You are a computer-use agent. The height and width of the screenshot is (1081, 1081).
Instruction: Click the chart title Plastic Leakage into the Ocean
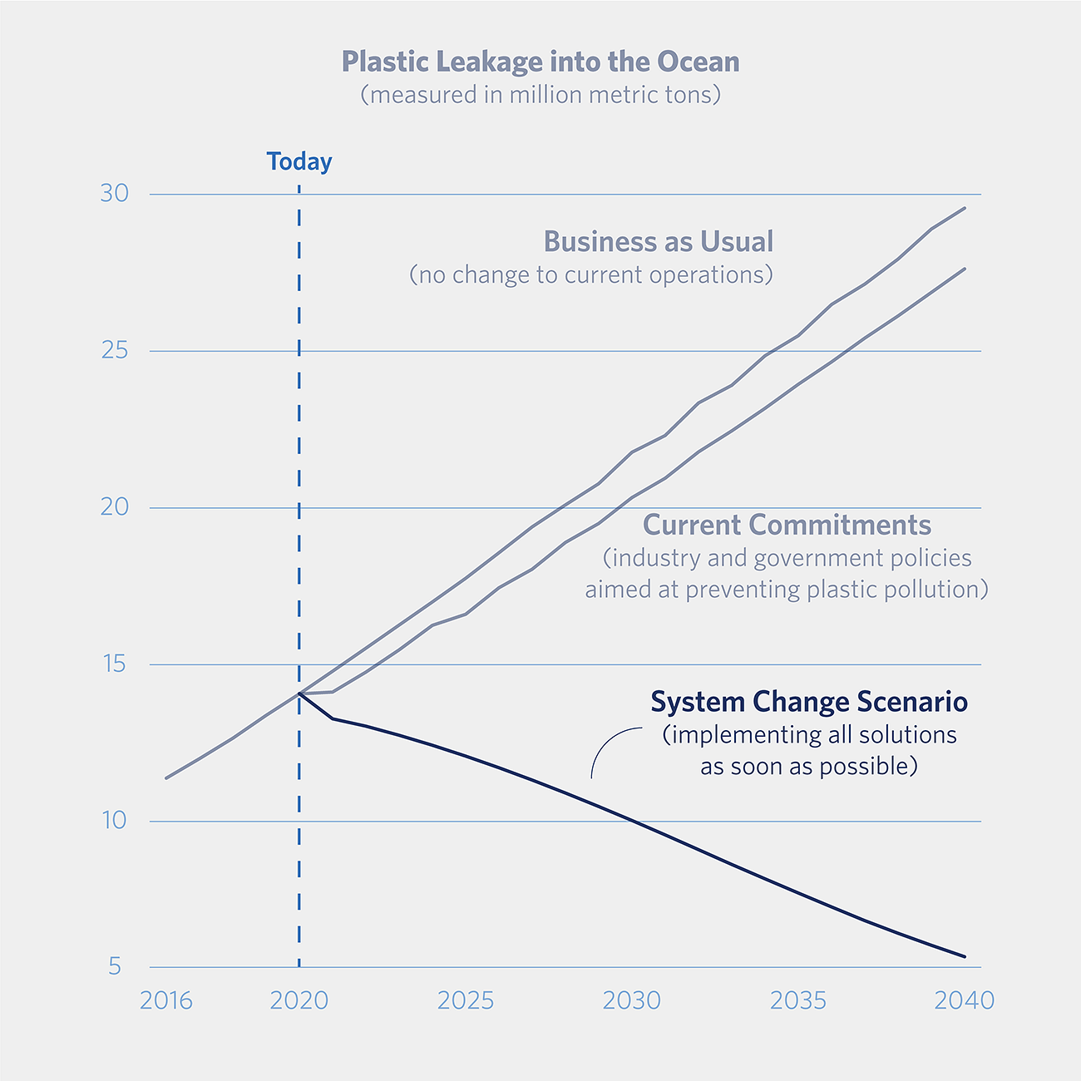pyautogui.click(x=540, y=62)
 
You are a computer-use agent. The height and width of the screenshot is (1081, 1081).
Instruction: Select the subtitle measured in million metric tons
pyautogui.click(x=540, y=95)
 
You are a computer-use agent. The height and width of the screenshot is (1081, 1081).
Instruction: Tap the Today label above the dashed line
pyautogui.click(x=299, y=161)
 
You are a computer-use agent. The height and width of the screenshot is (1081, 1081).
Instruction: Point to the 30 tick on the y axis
pyautogui.click(x=115, y=194)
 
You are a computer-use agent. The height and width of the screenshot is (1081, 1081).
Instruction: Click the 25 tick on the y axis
pyautogui.click(x=115, y=351)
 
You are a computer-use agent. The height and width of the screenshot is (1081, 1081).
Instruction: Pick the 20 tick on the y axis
pyautogui.click(x=115, y=507)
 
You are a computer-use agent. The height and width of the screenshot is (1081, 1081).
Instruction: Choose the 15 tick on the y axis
pyautogui.click(x=115, y=664)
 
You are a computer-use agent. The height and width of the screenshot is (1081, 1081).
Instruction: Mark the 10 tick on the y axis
pyautogui.click(x=115, y=821)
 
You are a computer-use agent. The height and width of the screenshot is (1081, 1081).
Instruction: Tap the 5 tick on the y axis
pyautogui.click(x=115, y=966)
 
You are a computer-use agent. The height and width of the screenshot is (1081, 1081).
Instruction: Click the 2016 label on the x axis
pyautogui.click(x=166, y=1000)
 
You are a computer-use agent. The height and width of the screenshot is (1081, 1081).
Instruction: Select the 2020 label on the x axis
pyautogui.click(x=299, y=1000)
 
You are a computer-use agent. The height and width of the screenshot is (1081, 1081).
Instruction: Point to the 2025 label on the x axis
pyautogui.click(x=466, y=1000)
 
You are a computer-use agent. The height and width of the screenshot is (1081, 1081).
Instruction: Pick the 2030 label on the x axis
pyautogui.click(x=632, y=1000)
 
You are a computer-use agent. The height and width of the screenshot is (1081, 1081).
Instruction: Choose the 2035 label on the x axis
pyautogui.click(x=798, y=1000)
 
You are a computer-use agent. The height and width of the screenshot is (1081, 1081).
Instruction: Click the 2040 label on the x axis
pyautogui.click(x=965, y=1000)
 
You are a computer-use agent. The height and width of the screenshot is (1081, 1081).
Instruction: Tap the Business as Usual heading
pyautogui.click(x=659, y=242)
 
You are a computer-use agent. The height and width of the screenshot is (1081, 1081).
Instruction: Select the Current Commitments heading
pyautogui.click(x=787, y=526)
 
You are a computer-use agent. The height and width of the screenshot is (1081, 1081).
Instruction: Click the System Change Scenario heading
pyautogui.click(x=809, y=702)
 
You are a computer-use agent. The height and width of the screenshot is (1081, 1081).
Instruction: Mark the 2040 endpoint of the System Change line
pyautogui.click(x=965, y=956)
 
